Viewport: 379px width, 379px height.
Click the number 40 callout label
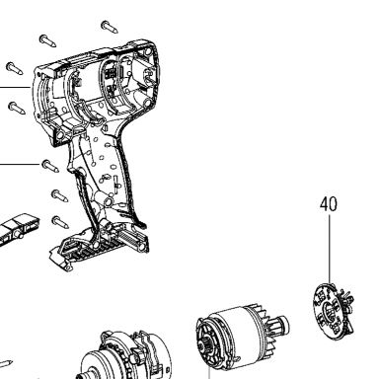coord(329,204)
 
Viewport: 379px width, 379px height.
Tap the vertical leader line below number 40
coord(330,249)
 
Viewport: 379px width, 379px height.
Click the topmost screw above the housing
coord(110,27)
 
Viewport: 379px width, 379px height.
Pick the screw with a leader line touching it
coord(50,166)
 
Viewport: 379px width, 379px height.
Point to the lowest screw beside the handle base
coord(60,222)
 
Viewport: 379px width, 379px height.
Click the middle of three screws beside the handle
coord(59,195)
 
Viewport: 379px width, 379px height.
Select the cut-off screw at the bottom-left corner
coord(6,364)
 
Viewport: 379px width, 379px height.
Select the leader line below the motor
coord(209,374)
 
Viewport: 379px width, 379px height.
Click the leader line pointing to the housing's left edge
coord(15,87)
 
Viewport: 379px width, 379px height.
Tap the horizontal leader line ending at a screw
coord(20,164)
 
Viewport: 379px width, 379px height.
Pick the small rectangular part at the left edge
coord(18,229)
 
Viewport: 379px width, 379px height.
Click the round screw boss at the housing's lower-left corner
coord(60,135)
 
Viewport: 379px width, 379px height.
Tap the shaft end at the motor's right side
coord(283,323)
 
